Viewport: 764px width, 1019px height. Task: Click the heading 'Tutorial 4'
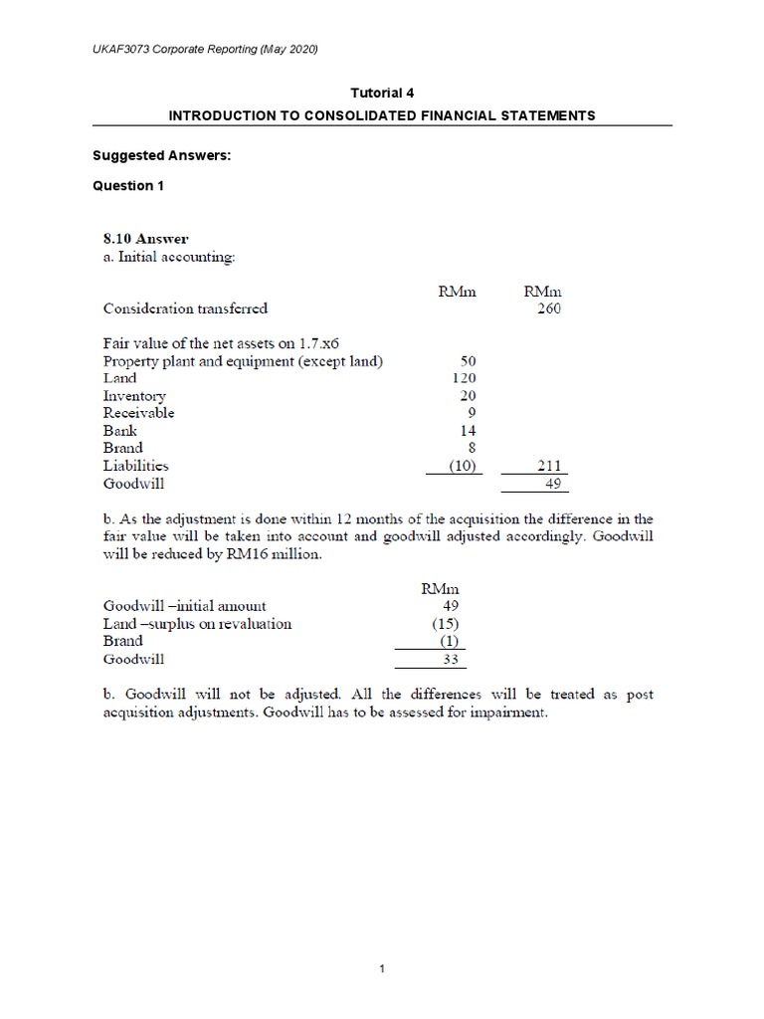point(382,93)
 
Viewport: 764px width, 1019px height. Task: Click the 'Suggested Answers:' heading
point(154,154)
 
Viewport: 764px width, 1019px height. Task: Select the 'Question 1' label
point(123,185)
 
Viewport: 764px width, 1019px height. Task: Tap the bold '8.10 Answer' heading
point(146,239)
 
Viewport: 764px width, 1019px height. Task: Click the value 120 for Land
point(464,378)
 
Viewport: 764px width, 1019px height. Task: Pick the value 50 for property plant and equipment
point(470,361)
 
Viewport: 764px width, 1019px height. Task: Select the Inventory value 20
point(468,395)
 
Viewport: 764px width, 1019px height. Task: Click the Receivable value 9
point(473,412)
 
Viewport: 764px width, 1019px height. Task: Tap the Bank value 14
point(468,430)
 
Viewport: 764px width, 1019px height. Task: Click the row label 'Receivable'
point(139,412)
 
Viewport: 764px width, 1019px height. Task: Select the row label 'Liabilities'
point(136,465)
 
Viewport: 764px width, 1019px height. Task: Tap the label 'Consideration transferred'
point(186,308)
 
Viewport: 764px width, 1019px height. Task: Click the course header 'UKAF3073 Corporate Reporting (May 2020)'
point(193,49)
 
